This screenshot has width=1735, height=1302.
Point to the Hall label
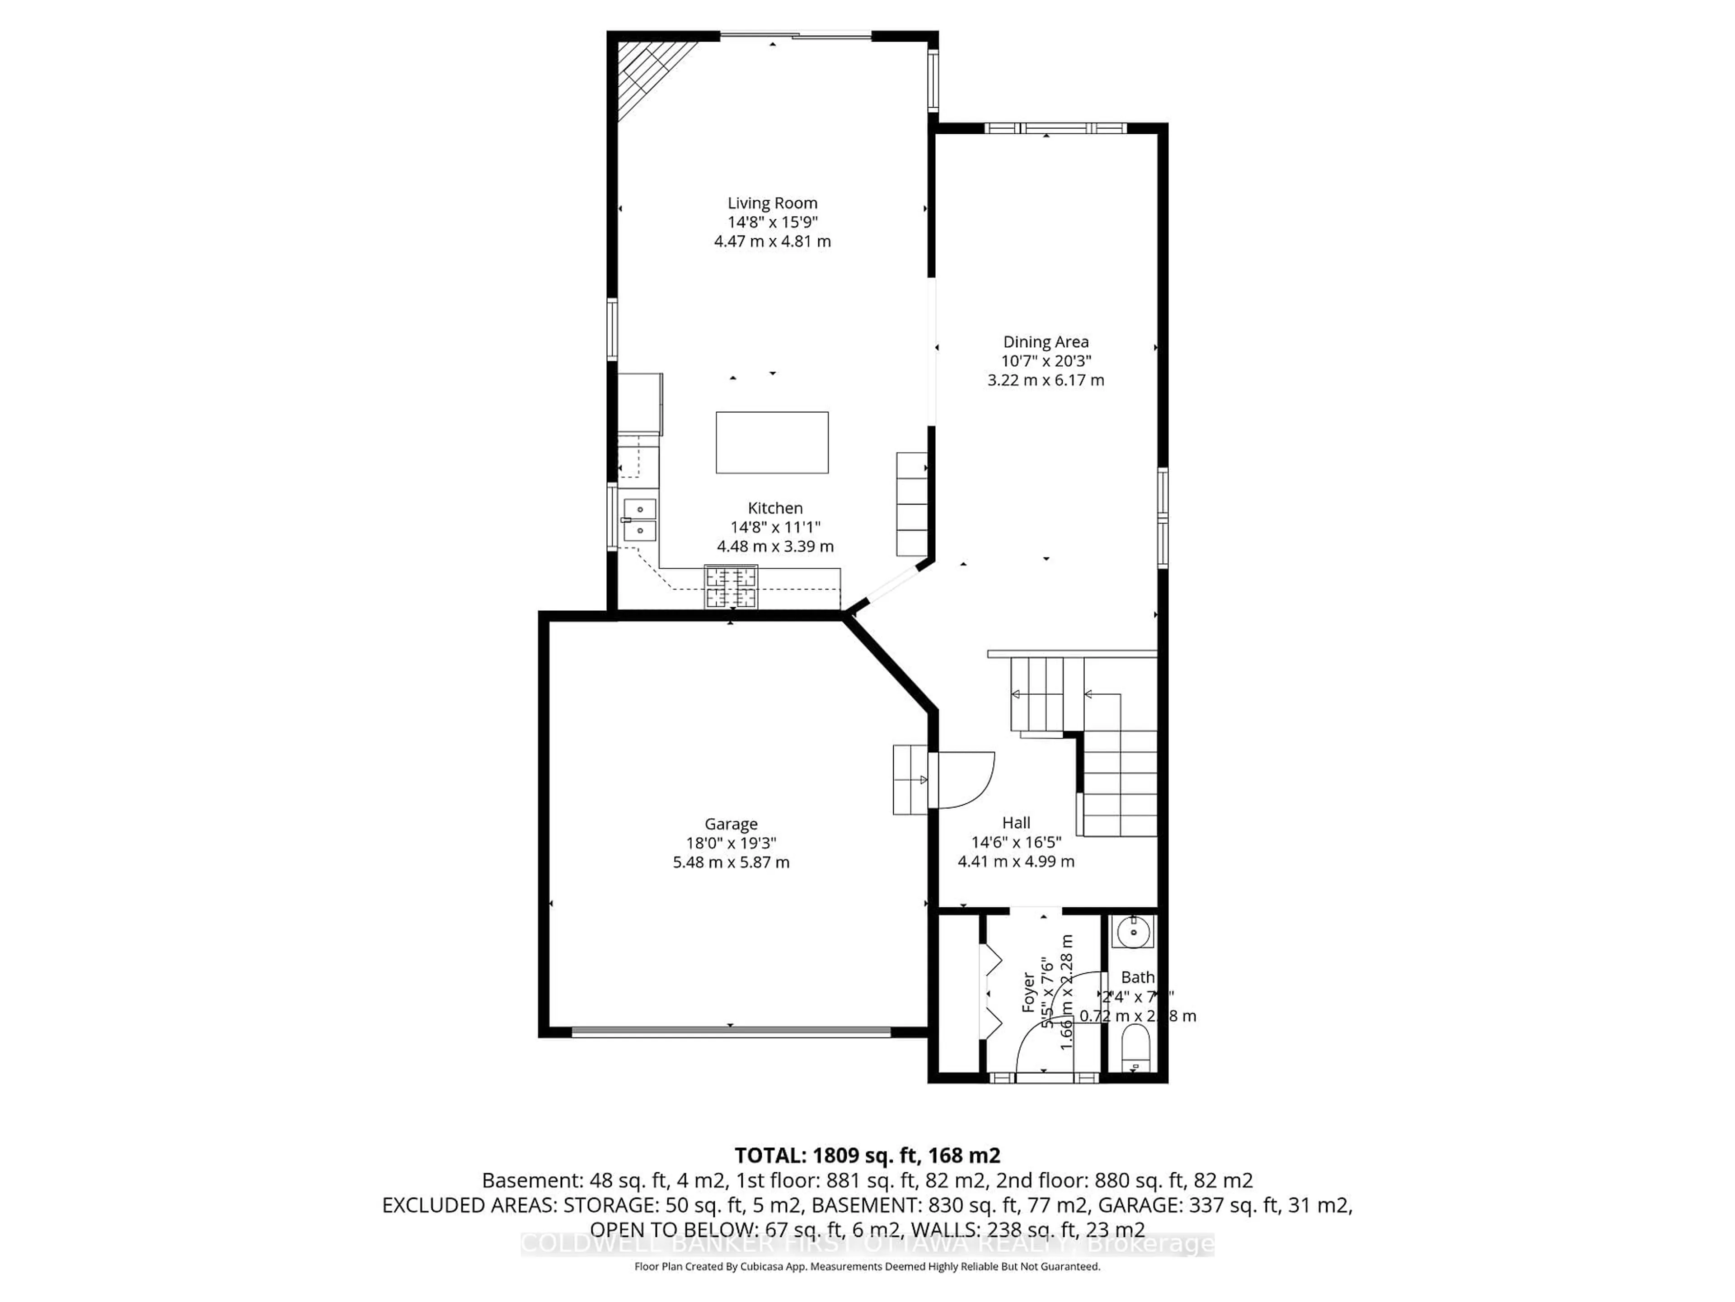click(1016, 822)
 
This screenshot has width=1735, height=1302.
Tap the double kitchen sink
click(640, 520)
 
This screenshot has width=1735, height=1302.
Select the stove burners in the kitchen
click(731, 587)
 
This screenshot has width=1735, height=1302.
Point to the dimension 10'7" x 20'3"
click(1046, 361)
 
